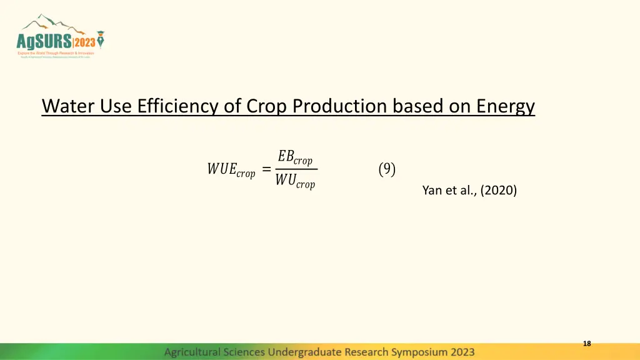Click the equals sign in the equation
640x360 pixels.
(x=266, y=169)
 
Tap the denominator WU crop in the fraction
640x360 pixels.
(x=295, y=182)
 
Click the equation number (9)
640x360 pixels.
(x=387, y=169)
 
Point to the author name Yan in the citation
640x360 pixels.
(x=432, y=191)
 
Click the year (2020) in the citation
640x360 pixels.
(x=499, y=191)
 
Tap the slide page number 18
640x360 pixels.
(x=586, y=344)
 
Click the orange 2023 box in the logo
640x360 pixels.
(x=84, y=42)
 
